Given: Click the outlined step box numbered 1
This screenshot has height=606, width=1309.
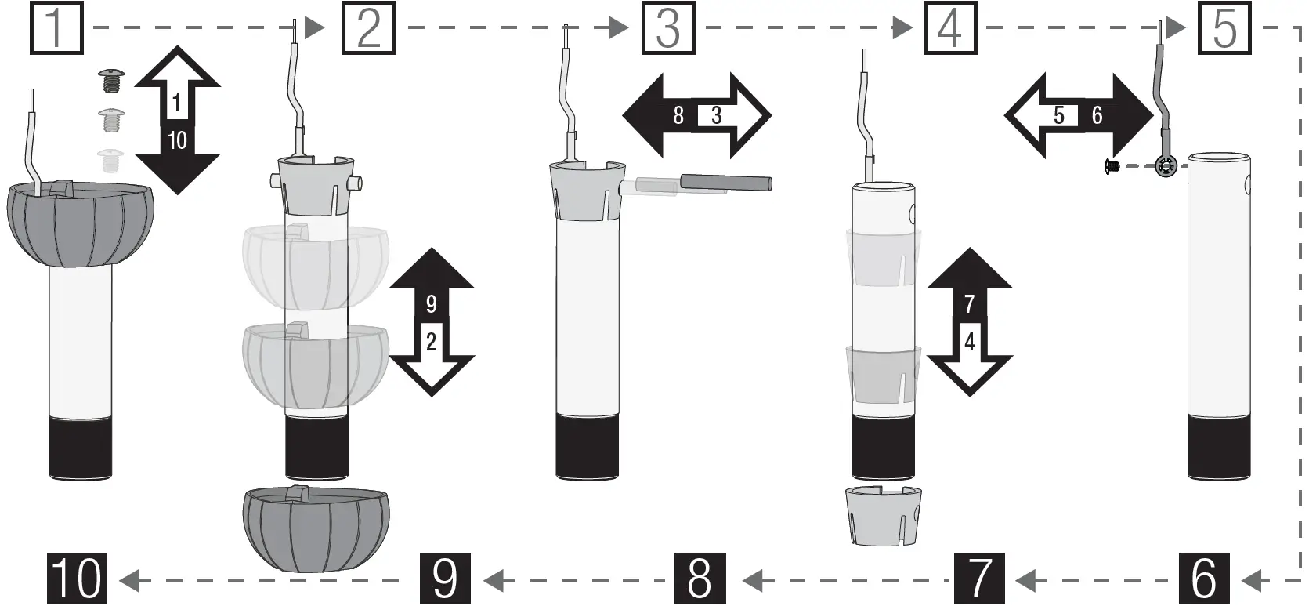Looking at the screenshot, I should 56,28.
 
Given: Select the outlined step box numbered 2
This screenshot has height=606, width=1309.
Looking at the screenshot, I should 368,28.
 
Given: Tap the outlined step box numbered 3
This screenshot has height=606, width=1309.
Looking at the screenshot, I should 667,28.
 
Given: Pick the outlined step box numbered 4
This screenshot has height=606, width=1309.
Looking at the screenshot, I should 949,28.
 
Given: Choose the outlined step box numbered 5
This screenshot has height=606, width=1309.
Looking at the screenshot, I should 1224,28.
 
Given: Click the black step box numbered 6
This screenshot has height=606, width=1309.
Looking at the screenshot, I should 1204,579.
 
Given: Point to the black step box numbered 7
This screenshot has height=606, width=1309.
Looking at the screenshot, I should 979,579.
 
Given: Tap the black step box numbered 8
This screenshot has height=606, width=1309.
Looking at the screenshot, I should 700,579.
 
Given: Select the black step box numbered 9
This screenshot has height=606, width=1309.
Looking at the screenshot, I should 445,579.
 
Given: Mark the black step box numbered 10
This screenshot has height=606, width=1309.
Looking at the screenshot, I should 76,579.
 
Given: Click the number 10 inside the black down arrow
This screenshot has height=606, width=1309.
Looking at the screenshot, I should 177,141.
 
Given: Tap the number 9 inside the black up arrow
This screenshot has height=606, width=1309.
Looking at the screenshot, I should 431,304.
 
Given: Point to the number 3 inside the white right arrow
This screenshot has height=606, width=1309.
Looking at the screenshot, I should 716,116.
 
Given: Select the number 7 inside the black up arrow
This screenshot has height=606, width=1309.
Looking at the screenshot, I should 969,304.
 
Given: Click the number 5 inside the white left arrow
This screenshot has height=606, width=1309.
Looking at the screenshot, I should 1059,116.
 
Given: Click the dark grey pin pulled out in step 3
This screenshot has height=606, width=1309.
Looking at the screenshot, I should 726,183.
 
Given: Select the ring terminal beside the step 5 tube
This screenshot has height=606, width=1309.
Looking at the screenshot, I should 1166,165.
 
